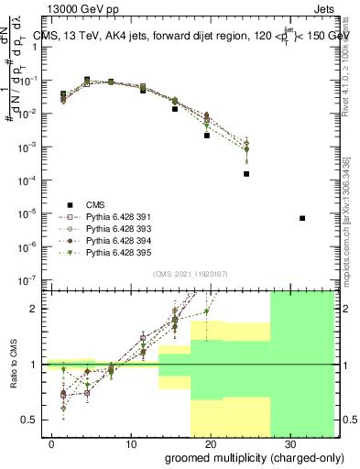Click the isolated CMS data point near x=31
tap(303, 218)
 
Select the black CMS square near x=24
tap(246, 174)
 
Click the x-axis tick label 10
tap(131, 442)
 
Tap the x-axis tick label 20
tap(211, 442)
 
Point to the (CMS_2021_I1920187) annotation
tap(190, 275)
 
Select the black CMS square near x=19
tap(207, 135)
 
